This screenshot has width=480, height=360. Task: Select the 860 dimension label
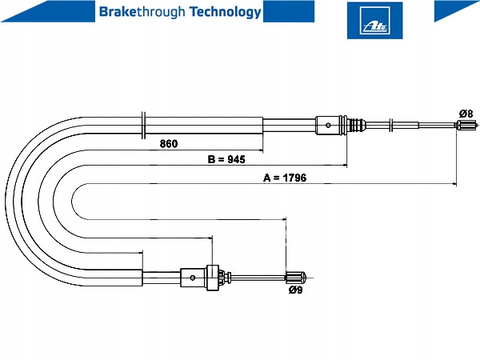pos(168,144)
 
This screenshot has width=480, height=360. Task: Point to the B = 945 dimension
pos(226,160)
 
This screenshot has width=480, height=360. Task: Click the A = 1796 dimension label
pos(286,178)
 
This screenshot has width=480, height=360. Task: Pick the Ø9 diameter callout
pos(296,290)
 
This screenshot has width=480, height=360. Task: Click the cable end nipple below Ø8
pos(466,125)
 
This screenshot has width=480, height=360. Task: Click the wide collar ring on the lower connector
pos(212,278)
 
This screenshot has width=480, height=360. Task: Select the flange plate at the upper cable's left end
pos(142,125)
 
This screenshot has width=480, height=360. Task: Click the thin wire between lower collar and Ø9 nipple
pos(256,278)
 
